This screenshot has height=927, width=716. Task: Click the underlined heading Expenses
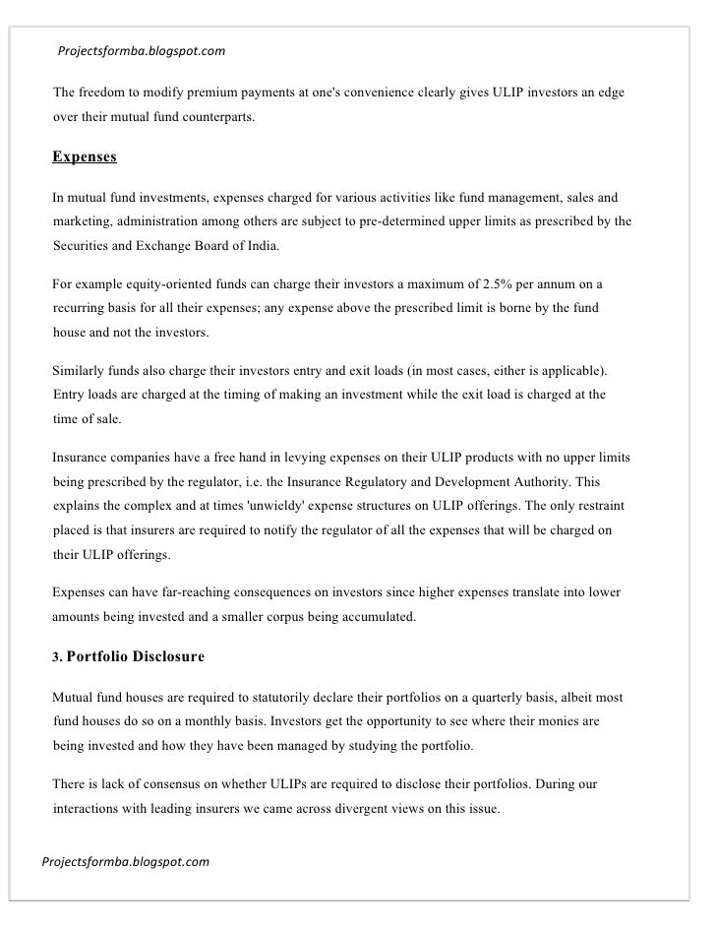click(x=85, y=157)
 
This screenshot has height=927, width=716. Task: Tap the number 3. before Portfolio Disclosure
click(x=57, y=656)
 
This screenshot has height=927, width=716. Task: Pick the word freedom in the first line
click(x=103, y=93)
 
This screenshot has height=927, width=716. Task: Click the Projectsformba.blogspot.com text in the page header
click(x=142, y=49)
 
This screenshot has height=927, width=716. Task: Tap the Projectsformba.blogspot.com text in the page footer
click(x=126, y=862)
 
